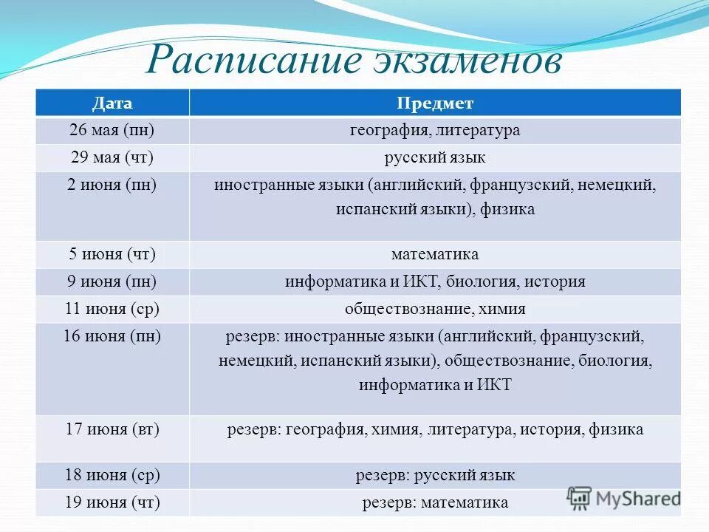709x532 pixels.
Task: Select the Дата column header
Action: (112, 103)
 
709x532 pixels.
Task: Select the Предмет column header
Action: (435, 103)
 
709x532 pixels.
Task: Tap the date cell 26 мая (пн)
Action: (112, 130)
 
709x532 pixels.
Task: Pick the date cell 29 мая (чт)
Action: (112, 158)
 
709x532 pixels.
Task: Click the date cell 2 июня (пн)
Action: (112, 185)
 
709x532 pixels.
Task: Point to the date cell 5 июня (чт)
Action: (112, 254)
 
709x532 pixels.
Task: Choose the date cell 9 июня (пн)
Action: (112, 282)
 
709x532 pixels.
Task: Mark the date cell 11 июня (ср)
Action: (112, 309)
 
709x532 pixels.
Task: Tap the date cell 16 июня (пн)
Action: (112, 337)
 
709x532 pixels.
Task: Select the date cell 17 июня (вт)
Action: (112, 429)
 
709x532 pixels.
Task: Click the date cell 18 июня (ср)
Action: (112, 475)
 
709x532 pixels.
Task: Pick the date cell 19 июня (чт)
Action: (112, 503)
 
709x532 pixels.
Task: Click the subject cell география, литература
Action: (435, 130)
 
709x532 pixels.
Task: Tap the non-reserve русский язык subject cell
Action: (435, 158)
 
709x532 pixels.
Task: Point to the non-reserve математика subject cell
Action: (435, 254)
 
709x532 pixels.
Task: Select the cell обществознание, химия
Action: (435, 309)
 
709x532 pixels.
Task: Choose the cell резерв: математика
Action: (435, 503)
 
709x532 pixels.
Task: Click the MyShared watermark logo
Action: (623, 497)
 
